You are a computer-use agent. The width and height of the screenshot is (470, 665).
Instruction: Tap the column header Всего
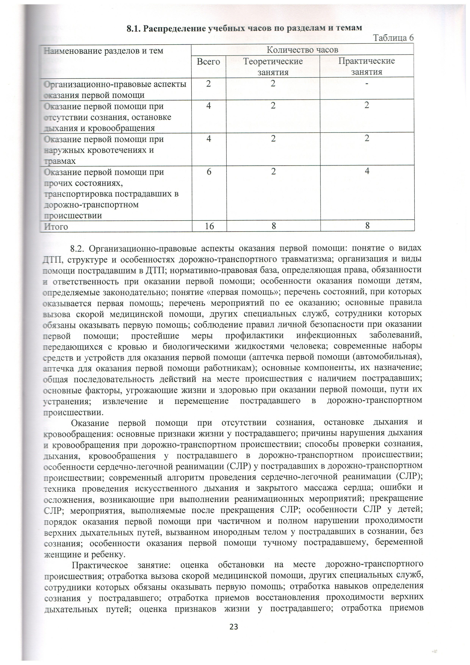[208, 62]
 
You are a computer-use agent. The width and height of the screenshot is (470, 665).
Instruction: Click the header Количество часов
[302, 50]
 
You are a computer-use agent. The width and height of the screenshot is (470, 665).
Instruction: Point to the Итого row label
[56, 226]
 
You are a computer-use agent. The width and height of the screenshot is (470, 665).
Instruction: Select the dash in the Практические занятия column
[367, 84]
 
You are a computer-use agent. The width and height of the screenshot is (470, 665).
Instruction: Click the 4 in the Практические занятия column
[367, 171]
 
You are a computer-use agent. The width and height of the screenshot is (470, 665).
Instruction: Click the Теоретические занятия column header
[273, 67]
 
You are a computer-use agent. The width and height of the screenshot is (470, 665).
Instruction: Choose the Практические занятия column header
[367, 66]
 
